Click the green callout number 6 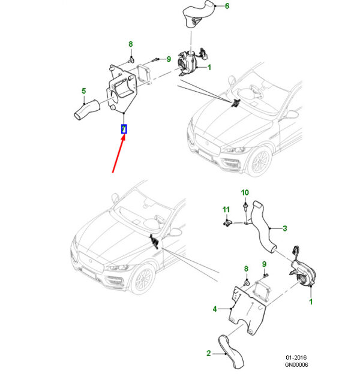(227, 6)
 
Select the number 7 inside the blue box (124, 129)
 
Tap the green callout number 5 (83, 91)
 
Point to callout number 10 (245, 192)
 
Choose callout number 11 (226, 210)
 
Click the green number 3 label (284, 228)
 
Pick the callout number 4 (215, 309)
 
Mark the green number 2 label (208, 353)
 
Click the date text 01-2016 (296, 358)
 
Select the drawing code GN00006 (296, 364)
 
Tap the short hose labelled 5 (86, 110)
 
